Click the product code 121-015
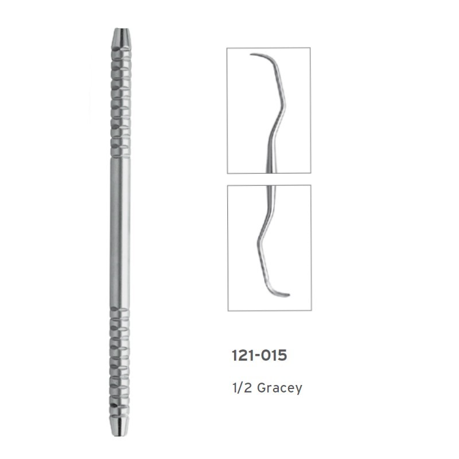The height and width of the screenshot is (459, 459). [x=259, y=355]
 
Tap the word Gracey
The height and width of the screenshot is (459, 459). [x=279, y=388]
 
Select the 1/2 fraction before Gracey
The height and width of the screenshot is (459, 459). [x=242, y=388]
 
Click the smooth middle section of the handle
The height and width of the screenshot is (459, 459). [x=120, y=233]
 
